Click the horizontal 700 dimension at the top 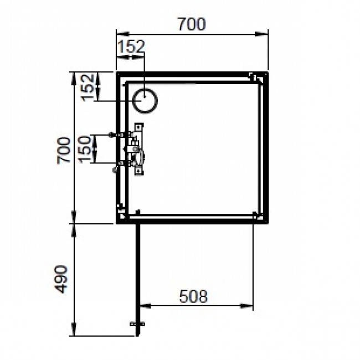(x=191, y=25)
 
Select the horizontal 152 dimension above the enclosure (x=131, y=47)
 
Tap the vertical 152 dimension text (x=87, y=87)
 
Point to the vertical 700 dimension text (x=64, y=150)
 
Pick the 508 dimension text (x=193, y=297)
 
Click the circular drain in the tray (x=145, y=101)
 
